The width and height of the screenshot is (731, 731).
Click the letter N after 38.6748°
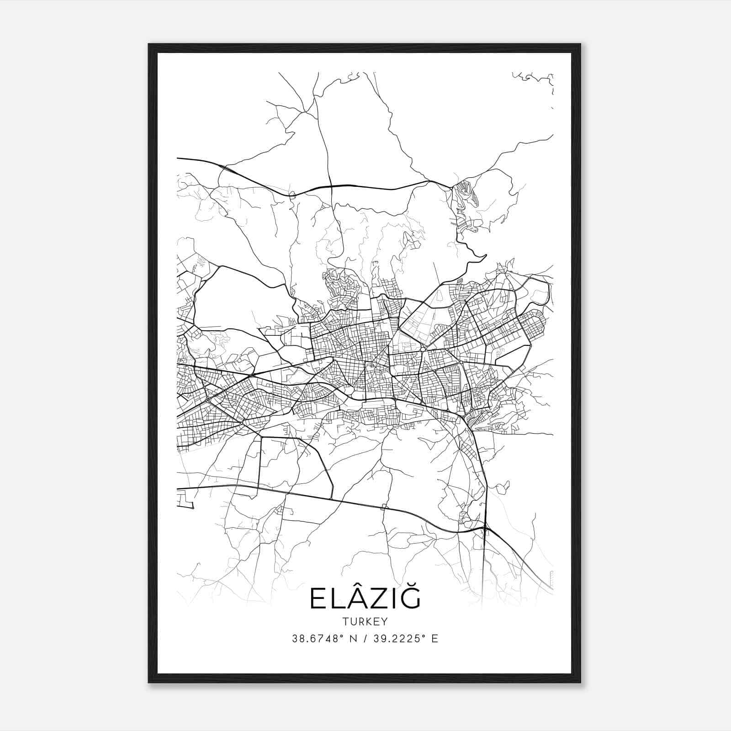352,639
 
